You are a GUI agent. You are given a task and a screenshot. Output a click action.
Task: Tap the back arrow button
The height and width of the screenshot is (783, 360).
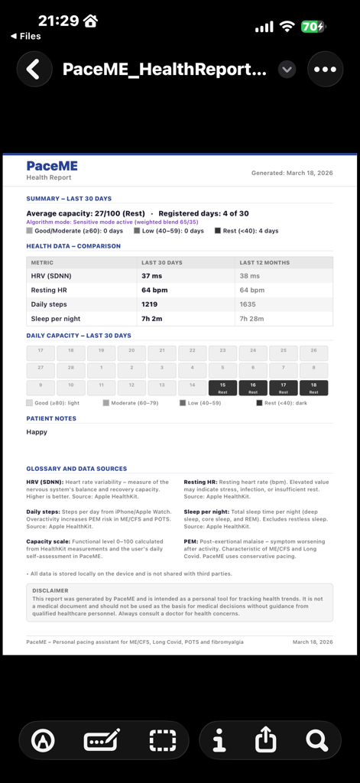(33, 70)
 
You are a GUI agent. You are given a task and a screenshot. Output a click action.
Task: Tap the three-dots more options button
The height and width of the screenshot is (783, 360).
(325, 70)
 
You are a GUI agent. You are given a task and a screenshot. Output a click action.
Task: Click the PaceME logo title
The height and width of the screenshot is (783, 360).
(52, 166)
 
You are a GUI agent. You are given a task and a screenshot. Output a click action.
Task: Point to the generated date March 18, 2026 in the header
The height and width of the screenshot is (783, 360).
(292, 173)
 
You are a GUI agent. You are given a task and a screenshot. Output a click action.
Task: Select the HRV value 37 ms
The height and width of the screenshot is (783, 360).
(152, 275)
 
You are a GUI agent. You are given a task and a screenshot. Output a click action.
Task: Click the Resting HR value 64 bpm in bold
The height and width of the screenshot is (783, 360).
(154, 290)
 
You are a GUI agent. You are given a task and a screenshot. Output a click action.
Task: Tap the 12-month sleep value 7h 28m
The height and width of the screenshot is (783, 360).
(253, 319)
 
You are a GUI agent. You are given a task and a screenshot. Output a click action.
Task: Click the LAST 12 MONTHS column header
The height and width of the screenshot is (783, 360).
(264, 262)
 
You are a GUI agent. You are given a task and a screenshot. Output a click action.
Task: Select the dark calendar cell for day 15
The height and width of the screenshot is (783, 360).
(222, 388)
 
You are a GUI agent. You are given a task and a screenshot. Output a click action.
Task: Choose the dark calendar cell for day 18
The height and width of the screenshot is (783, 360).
(313, 388)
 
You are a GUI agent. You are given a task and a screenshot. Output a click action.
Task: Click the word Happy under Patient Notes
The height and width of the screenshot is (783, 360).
(37, 432)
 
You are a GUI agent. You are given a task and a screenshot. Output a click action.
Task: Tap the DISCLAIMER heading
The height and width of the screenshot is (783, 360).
(50, 590)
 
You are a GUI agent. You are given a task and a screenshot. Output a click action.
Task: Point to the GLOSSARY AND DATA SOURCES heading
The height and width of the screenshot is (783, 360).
(76, 469)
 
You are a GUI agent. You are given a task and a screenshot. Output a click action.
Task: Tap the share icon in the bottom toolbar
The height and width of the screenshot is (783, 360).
(265, 739)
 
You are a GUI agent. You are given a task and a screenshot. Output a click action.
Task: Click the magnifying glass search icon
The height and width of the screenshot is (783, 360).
(316, 739)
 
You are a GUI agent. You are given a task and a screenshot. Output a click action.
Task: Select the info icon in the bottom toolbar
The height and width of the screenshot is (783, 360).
(219, 739)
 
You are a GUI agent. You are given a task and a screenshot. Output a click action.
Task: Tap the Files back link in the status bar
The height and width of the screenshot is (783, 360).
(26, 36)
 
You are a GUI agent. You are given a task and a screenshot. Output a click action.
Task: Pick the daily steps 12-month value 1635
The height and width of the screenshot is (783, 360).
(248, 304)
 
